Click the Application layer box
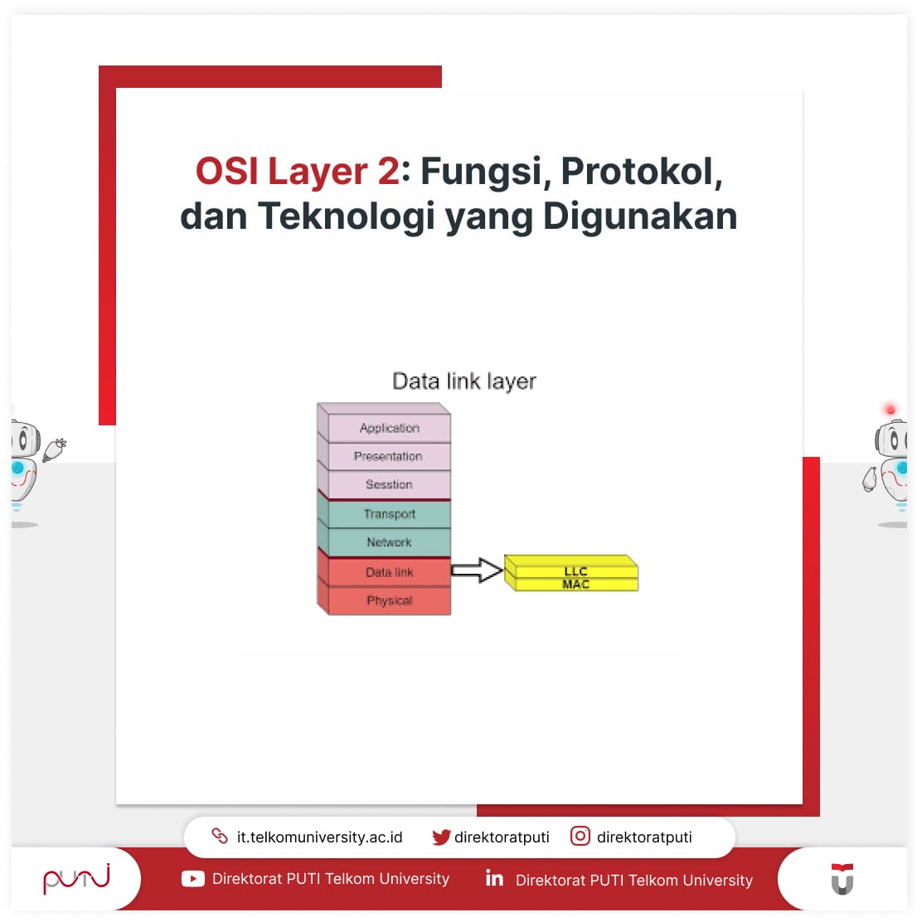tap(389, 428)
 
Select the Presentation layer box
tap(389, 457)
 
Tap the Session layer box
tap(389, 485)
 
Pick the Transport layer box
tap(389, 514)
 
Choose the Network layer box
tap(389, 542)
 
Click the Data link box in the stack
tap(389, 572)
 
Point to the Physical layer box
tap(389, 600)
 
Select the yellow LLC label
tap(575, 571)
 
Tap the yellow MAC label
tap(575, 585)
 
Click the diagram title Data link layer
tap(463, 381)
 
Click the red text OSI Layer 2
tap(297, 172)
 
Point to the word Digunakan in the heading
tap(640, 216)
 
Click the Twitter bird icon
tap(441, 837)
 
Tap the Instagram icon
tap(580, 837)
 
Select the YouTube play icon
tap(192, 879)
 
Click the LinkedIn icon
tap(494, 878)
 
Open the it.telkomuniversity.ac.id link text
tap(319, 837)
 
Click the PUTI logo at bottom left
tap(76, 878)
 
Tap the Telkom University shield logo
tap(842, 879)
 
